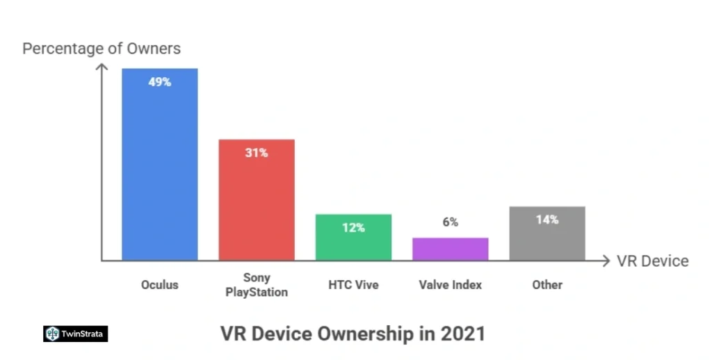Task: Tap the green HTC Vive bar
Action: point(353,240)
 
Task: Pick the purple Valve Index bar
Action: point(450,249)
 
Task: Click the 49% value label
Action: point(159,82)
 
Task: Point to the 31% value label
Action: point(257,153)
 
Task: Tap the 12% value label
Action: point(353,227)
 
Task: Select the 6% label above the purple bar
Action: point(450,222)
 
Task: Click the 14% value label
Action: point(547,220)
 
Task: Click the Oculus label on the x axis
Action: point(160,285)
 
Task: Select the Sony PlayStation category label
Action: point(256,285)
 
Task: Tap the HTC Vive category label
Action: point(353,285)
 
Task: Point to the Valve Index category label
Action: point(451,285)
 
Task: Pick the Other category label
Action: point(547,285)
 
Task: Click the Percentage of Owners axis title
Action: point(102,49)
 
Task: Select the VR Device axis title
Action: point(652,261)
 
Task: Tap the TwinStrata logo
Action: point(75,334)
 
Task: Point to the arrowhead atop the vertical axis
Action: point(102,67)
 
